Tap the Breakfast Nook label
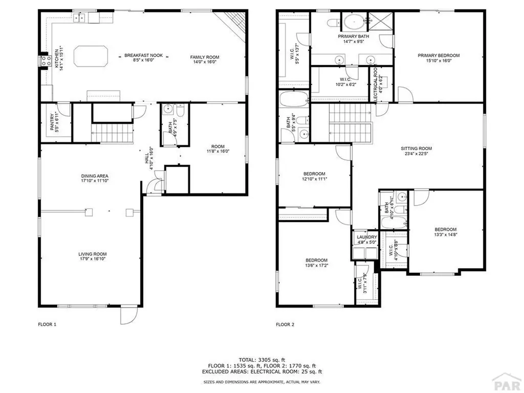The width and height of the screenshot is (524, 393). tap(144, 55)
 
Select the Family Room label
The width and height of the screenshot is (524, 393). tap(205, 57)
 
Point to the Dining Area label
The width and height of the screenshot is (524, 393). tap(94, 176)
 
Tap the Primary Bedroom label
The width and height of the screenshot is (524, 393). tap(439, 55)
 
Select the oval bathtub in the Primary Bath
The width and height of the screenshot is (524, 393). tap(353, 22)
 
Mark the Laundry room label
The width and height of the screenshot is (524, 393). tap(367, 237)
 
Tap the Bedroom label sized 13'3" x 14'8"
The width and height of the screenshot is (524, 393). tap(445, 229)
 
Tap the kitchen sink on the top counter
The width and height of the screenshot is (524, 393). tap(79, 18)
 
